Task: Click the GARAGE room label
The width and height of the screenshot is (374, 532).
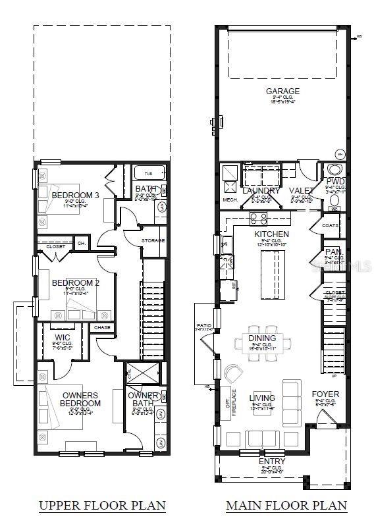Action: pos(282,91)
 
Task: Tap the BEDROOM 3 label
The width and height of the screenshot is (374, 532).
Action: pos(75,195)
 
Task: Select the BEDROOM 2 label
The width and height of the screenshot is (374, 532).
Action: pos(75,282)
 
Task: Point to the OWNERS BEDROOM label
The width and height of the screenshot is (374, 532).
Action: pos(81,399)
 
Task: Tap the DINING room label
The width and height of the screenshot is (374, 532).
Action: pos(262,338)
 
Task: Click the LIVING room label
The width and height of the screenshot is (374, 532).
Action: pos(261,398)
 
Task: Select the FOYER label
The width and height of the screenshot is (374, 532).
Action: pos(325,394)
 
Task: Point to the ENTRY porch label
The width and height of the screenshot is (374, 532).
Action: pos(272,462)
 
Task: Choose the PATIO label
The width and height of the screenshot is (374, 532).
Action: pos(203,325)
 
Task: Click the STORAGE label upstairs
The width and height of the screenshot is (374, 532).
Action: pos(152,240)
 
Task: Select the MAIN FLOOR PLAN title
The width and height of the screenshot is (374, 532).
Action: pos(286,506)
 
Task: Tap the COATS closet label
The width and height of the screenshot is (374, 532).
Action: pos(331,225)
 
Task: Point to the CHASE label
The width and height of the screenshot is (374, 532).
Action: pos(102,327)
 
